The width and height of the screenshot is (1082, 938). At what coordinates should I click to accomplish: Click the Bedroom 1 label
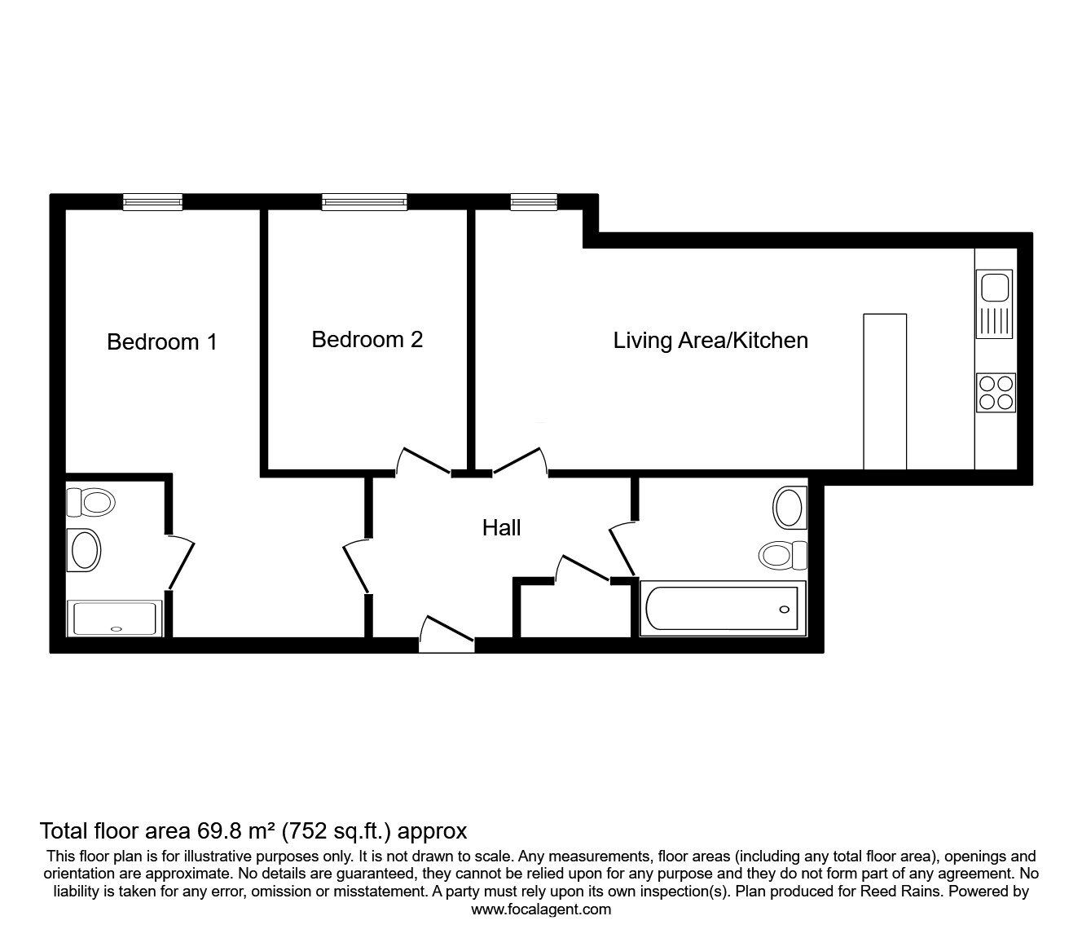click(162, 342)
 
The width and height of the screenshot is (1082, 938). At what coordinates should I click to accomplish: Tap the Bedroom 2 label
click(367, 339)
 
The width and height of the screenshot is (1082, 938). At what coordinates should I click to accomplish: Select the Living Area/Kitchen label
click(710, 341)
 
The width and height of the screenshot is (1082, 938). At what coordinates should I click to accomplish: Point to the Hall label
click(501, 528)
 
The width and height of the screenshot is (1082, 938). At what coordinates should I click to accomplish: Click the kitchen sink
click(994, 304)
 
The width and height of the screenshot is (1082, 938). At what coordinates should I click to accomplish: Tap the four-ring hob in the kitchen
click(996, 393)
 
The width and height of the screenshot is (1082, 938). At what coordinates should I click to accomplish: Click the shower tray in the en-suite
click(115, 619)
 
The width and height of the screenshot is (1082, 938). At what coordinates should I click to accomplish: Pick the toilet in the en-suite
click(91, 502)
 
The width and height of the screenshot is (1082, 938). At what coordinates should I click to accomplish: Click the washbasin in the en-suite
click(84, 550)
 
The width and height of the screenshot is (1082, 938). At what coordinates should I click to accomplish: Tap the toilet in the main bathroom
click(783, 555)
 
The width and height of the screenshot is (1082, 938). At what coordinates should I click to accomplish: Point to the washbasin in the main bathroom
click(790, 508)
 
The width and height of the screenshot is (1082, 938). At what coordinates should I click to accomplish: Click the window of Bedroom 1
click(153, 202)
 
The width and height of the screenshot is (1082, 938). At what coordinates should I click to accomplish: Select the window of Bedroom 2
click(364, 202)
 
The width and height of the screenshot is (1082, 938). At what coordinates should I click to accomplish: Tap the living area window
click(534, 202)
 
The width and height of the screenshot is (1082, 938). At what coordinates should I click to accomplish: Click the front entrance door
click(446, 634)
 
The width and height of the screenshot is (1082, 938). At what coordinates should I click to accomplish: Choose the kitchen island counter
click(885, 392)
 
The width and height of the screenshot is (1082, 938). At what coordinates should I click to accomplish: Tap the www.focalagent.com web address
click(541, 909)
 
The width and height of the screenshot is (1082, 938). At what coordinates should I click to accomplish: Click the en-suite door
click(181, 562)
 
